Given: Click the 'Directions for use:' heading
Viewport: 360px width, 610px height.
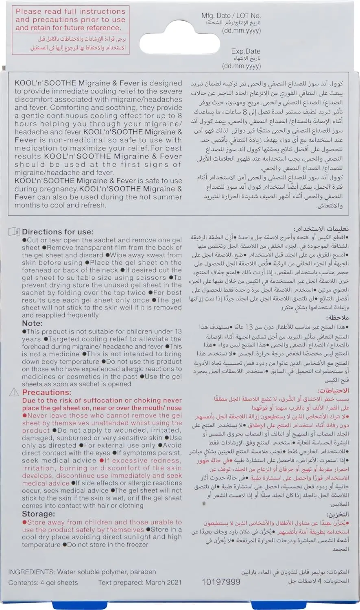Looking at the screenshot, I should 57,232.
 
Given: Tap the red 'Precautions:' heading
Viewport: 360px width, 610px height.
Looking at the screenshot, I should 46,392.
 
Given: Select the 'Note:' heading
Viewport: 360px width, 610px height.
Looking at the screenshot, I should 32,323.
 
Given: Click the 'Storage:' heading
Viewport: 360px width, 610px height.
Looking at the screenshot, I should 38,514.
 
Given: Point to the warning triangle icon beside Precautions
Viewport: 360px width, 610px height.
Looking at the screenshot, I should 14,392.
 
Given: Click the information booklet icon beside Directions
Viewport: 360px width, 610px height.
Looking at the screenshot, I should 14,232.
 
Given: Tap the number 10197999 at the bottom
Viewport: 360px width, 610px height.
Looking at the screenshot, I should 221,582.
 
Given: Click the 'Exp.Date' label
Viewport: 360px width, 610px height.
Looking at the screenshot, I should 246,51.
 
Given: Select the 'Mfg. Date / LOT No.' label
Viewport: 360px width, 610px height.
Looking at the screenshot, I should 231,15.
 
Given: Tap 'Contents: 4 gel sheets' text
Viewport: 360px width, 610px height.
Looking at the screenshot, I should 43,582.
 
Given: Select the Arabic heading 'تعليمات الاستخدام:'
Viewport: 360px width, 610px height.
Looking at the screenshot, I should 321,229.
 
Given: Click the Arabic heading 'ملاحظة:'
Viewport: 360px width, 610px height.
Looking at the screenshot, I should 337,318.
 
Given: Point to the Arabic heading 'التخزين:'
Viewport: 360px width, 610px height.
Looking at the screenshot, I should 337,514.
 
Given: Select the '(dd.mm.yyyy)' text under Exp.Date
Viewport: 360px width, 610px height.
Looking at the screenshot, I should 241,66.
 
